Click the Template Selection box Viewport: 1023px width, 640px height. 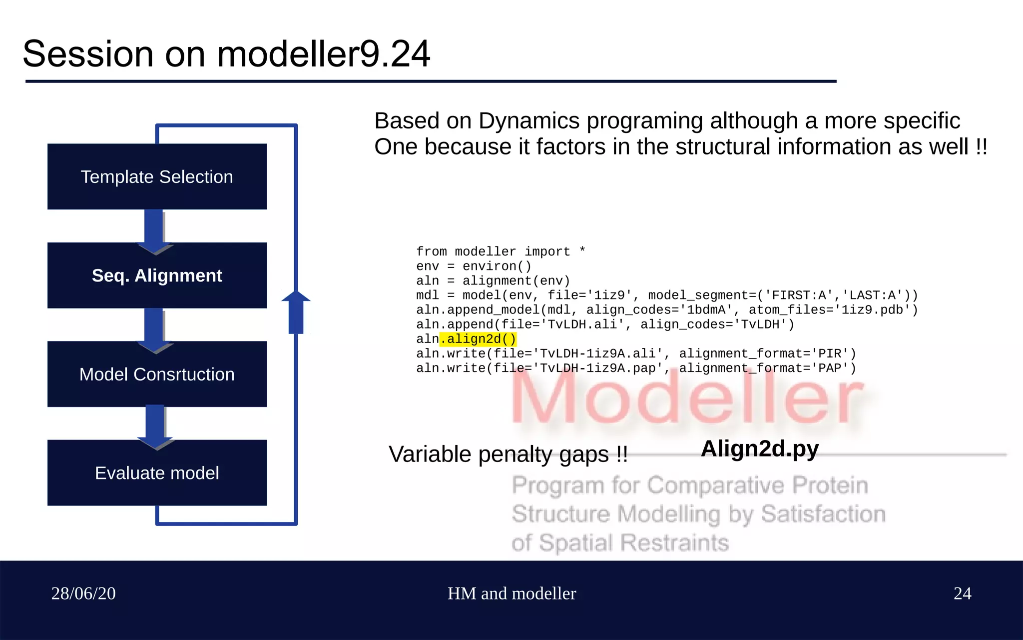(x=157, y=176)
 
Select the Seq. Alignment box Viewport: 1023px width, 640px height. (x=157, y=275)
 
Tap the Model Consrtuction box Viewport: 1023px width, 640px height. (x=157, y=374)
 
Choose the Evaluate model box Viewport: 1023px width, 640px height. (x=157, y=473)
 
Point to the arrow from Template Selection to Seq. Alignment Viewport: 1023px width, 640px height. (x=155, y=230)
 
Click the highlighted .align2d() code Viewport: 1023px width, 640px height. (x=478, y=339)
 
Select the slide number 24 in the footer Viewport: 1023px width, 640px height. (x=962, y=593)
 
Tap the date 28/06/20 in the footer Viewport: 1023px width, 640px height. (x=83, y=593)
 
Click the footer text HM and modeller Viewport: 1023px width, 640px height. (x=511, y=593)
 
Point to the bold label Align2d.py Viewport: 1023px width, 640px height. (x=759, y=448)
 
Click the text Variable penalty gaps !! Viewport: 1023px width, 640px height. (x=508, y=454)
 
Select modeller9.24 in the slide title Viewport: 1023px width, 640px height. (x=324, y=54)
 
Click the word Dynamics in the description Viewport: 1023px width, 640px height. (x=528, y=121)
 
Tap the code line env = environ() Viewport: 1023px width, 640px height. (x=474, y=266)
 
